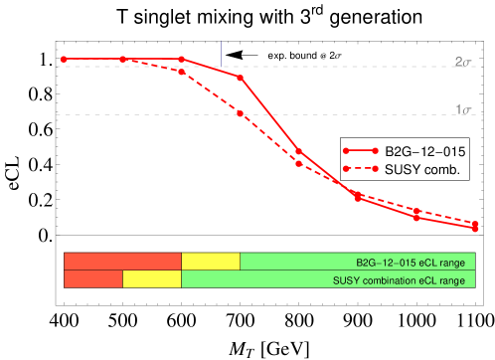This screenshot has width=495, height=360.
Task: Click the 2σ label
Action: (462, 62)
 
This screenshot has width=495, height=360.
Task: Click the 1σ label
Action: (462, 109)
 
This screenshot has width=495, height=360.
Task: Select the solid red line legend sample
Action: (360, 151)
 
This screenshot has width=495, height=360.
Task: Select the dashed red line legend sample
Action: (360, 168)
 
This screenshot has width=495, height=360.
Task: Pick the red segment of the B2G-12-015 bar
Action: (122, 261)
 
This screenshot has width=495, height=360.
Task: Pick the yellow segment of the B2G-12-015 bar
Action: (211, 261)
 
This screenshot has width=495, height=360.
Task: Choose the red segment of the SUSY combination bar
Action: (92, 279)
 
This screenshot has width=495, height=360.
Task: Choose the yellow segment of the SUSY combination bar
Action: (152, 279)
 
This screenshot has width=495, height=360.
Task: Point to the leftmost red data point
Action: (64, 60)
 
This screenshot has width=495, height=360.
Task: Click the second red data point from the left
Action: (122, 60)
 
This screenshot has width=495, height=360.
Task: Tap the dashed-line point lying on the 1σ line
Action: (241, 114)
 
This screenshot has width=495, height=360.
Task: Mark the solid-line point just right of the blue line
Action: (241, 77)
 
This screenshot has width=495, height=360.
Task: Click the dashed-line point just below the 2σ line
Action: (181, 73)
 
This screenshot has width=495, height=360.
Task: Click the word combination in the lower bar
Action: (394, 280)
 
